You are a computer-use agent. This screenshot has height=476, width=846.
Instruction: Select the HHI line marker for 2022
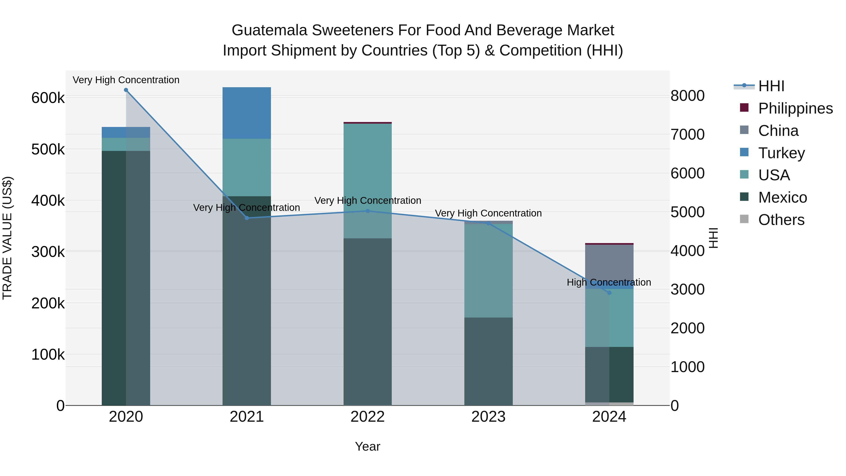coord(368,211)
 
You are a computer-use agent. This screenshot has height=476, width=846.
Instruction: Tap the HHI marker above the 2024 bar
coord(609,293)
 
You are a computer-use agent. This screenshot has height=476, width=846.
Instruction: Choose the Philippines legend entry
coord(795,108)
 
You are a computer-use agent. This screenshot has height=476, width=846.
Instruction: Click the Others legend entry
coord(781,220)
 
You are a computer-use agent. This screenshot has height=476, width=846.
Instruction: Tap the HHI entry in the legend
coord(771,86)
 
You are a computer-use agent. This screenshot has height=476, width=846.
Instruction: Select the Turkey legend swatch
coord(744,152)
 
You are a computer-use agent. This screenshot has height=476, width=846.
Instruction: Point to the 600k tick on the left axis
coord(48,98)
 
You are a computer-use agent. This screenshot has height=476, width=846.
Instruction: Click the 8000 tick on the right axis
coord(687,96)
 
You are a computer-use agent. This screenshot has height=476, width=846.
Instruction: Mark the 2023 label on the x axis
coord(488,417)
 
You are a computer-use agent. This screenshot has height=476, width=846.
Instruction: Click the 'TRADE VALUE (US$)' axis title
coord(7,238)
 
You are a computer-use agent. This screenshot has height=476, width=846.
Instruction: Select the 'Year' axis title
coord(368,446)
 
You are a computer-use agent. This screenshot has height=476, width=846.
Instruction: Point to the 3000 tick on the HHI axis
coord(687,289)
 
